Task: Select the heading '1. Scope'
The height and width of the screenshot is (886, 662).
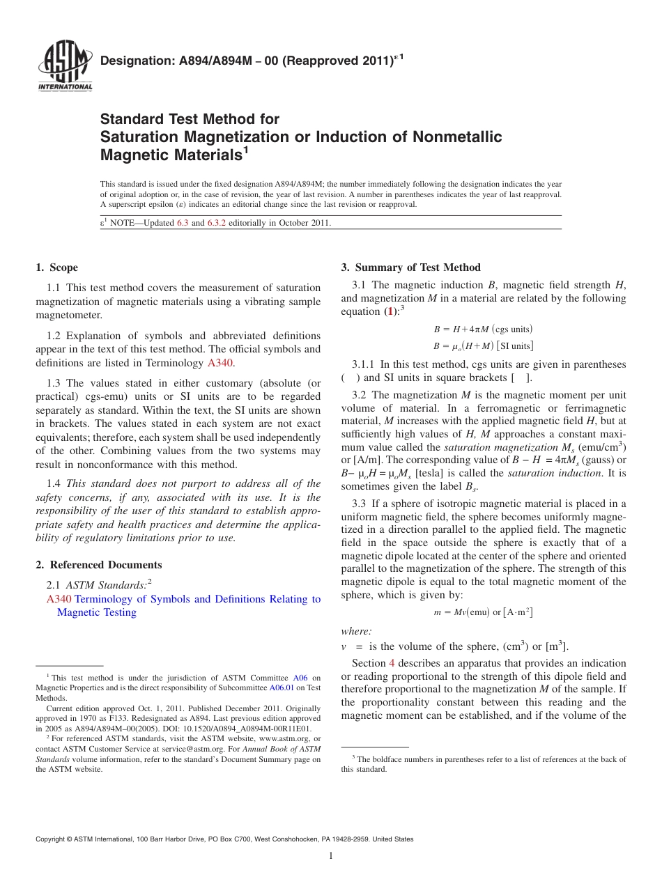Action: pos(57,267)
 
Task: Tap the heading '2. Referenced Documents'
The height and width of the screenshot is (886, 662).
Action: pos(99,565)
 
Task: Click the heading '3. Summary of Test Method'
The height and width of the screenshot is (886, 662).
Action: pos(410,267)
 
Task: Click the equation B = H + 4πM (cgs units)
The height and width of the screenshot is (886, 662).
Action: pos(483,329)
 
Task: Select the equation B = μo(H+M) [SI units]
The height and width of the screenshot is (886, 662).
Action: pos(483,345)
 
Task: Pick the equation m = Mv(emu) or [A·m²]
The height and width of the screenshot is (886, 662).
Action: pos(483,612)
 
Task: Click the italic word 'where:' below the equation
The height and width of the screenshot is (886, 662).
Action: pos(356,631)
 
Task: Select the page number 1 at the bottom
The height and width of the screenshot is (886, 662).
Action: pos(331,856)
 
